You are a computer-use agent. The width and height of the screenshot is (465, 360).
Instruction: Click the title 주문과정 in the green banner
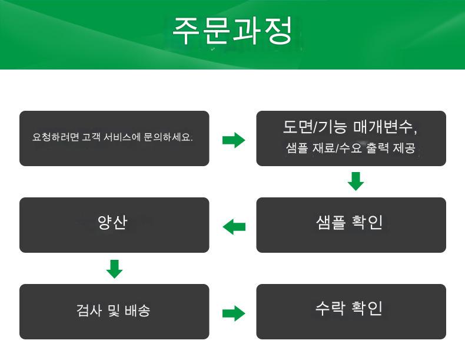click(x=232, y=31)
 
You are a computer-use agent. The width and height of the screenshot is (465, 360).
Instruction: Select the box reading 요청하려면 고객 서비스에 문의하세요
click(x=114, y=138)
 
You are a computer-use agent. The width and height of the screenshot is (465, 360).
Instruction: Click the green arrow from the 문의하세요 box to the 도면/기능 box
click(x=233, y=140)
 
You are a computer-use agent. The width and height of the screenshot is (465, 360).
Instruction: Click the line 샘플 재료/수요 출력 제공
click(x=351, y=148)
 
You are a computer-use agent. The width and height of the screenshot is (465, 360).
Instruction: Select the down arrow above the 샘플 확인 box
click(x=356, y=181)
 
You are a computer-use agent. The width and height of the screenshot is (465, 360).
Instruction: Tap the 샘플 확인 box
click(x=351, y=225)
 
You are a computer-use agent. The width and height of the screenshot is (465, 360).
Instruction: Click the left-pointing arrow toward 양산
click(x=233, y=226)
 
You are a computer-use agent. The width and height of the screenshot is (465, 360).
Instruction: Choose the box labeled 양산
click(x=114, y=225)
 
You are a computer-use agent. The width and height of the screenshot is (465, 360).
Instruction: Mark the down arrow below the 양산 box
click(x=114, y=268)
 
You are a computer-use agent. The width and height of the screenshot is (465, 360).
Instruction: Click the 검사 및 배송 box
click(x=114, y=312)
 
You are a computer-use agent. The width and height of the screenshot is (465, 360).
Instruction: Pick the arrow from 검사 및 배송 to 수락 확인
click(x=233, y=313)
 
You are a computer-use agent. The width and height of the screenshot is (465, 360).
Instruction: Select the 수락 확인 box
click(x=351, y=312)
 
